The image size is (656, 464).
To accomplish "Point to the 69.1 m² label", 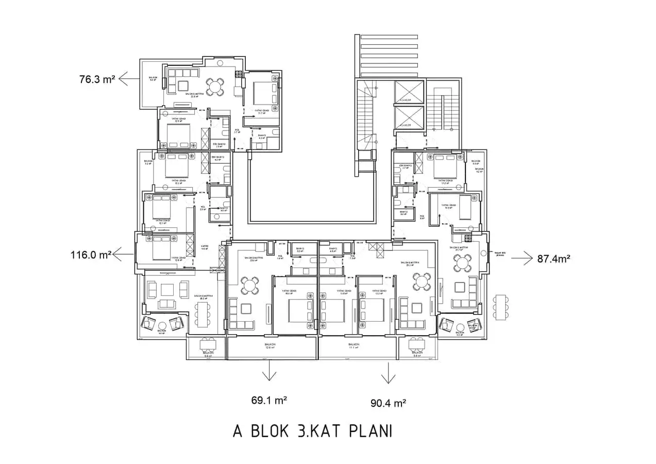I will coord(269,400).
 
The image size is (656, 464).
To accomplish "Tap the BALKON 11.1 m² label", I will coord(354,346).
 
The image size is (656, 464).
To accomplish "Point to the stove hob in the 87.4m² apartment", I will coord(468,238).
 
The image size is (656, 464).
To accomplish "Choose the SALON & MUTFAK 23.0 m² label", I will coord(254,259).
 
